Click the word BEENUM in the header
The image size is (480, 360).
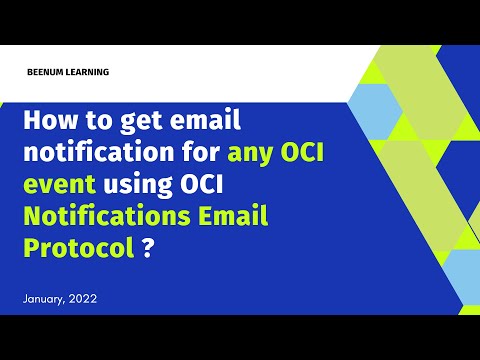(x=53, y=72)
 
